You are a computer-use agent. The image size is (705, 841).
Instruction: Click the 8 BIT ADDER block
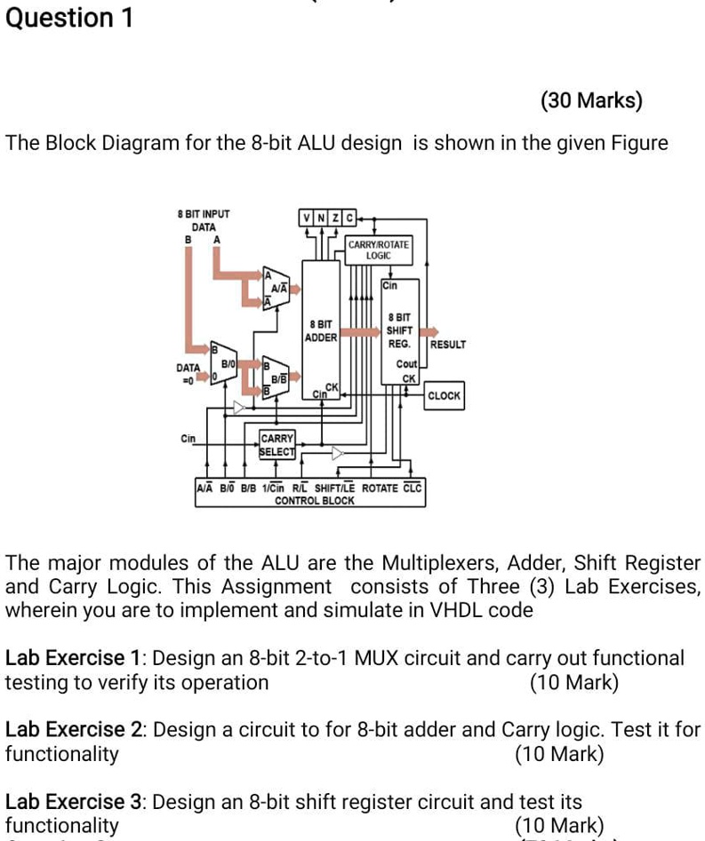click(x=320, y=330)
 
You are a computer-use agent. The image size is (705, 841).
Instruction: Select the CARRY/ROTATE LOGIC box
click(x=379, y=249)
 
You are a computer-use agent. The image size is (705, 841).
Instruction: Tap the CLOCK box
click(x=444, y=396)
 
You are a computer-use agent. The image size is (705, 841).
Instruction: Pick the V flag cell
click(x=307, y=219)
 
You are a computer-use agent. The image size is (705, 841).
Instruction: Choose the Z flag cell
click(x=335, y=219)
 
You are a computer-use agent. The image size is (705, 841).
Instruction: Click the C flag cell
click(x=349, y=219)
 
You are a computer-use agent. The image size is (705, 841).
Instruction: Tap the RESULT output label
click(x=447, y=345)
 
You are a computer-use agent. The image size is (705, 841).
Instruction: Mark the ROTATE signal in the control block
click(x=381, y=488)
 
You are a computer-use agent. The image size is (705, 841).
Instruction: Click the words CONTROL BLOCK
click(x=314, y=501)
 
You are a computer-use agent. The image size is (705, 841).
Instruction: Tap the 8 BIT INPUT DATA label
click(x=204, y=221)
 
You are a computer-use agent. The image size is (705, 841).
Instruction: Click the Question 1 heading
click(x=69, y=18)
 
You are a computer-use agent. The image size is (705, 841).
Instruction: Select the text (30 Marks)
click(x=591, y=100)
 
